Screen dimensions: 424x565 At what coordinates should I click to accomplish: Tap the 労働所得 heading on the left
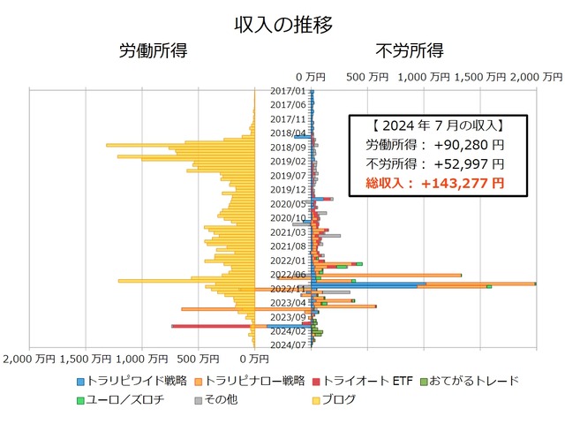click(x=153, y=50)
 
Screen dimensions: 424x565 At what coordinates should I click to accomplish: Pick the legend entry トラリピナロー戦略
click(x=255, y=381)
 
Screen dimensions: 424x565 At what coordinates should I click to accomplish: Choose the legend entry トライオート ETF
click(x=369, y=381)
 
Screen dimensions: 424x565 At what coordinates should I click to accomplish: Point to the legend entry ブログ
click(x=339, y=399)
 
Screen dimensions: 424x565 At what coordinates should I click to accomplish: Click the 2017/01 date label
click(x=288, y=91)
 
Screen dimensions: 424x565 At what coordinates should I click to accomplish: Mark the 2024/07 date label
click(x=288, y=344)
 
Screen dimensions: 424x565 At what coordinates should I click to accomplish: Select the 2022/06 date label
click(x=288, y=274)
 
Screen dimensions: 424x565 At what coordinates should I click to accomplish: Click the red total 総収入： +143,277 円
click(x=435, y=184)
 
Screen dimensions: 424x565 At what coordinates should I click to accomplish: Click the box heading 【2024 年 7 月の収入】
click(x=438, y=125)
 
